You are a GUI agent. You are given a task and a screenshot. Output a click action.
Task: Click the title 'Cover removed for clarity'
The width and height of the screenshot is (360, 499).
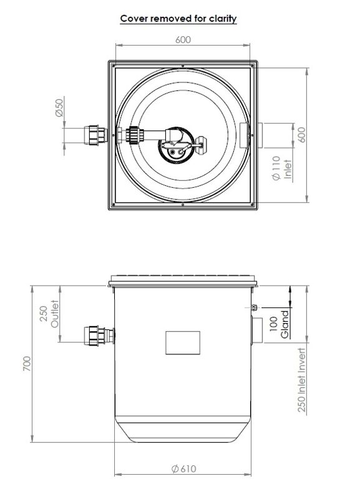pos(178,19)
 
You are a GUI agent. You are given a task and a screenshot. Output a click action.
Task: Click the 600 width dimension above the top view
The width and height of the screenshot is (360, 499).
pos(183,39)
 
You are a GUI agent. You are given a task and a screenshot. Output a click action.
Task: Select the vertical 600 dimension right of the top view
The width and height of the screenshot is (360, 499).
pos(303,135)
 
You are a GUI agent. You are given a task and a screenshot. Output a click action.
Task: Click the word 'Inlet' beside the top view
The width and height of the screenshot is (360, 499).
pos(288,168)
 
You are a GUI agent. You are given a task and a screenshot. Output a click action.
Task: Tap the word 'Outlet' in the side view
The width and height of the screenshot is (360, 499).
pos(55,316)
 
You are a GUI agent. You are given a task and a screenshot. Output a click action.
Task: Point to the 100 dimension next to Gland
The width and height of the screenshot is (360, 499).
pos(274,325)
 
